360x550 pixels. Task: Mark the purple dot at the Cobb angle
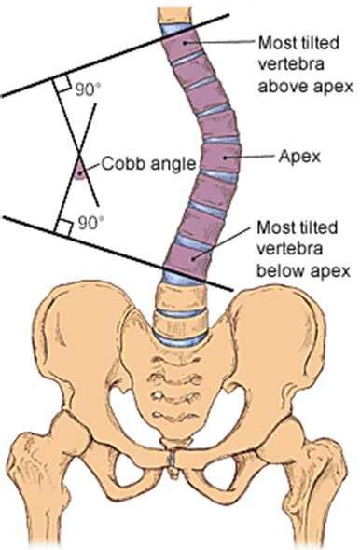coord(80,171)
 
